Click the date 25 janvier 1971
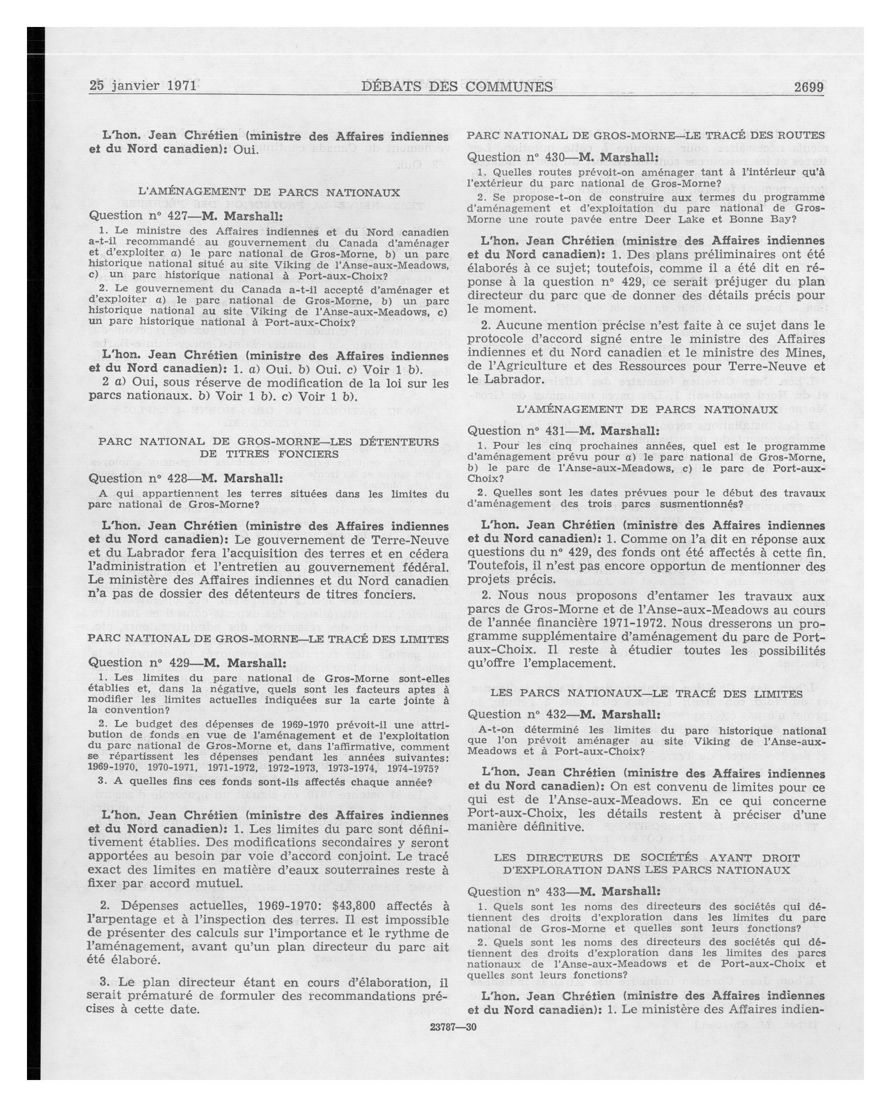point(143,85)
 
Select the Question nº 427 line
point(185,216)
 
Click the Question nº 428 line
point(185,478)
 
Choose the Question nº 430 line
point(563,157)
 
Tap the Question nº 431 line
point(563,430)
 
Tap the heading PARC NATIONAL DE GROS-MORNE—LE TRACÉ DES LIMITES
point(269,639)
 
